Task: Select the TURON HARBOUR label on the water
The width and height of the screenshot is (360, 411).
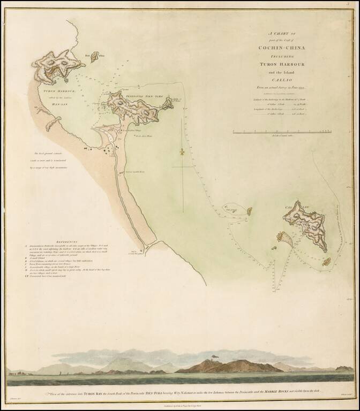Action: click(x=50, y=92)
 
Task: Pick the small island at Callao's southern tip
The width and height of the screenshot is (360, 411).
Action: click(x=325, y=262)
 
